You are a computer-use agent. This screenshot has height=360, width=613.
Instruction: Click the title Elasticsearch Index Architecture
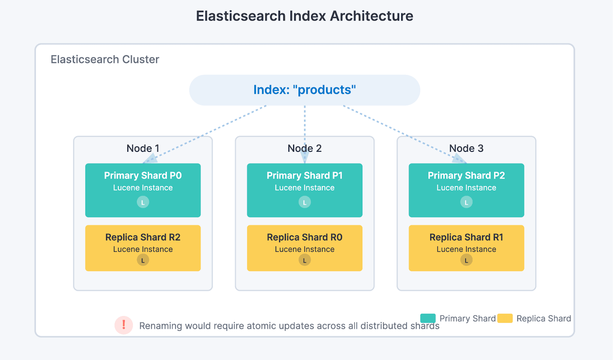305,16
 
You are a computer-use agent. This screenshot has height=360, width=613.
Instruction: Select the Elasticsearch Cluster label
105,59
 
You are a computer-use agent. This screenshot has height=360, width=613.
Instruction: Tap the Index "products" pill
305,90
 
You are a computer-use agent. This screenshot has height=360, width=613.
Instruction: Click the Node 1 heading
143,148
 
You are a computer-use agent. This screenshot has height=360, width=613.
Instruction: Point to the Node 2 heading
305,148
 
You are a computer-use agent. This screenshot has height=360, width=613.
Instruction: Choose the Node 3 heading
466,148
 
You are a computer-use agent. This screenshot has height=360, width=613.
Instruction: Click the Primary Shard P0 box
143,190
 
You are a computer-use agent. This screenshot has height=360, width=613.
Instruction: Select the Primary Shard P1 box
305,190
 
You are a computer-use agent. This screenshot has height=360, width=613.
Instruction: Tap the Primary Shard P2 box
466,190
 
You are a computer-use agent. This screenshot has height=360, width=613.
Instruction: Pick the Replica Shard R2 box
143,248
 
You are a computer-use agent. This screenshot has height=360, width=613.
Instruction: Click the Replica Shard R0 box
305,248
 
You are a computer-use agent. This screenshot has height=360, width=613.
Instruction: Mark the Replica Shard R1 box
466,248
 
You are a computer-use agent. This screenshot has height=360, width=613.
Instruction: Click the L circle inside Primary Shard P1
305,202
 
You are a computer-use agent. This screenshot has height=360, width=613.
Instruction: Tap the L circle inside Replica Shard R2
143,260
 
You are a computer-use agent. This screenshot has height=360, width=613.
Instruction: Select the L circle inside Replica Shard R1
466,260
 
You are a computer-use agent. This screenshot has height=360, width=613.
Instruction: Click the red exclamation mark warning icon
124,325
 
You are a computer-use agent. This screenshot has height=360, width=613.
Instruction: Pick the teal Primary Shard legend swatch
428,318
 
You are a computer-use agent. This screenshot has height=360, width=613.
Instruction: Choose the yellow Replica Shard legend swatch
505,318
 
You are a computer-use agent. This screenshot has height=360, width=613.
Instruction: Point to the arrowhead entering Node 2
305,157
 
